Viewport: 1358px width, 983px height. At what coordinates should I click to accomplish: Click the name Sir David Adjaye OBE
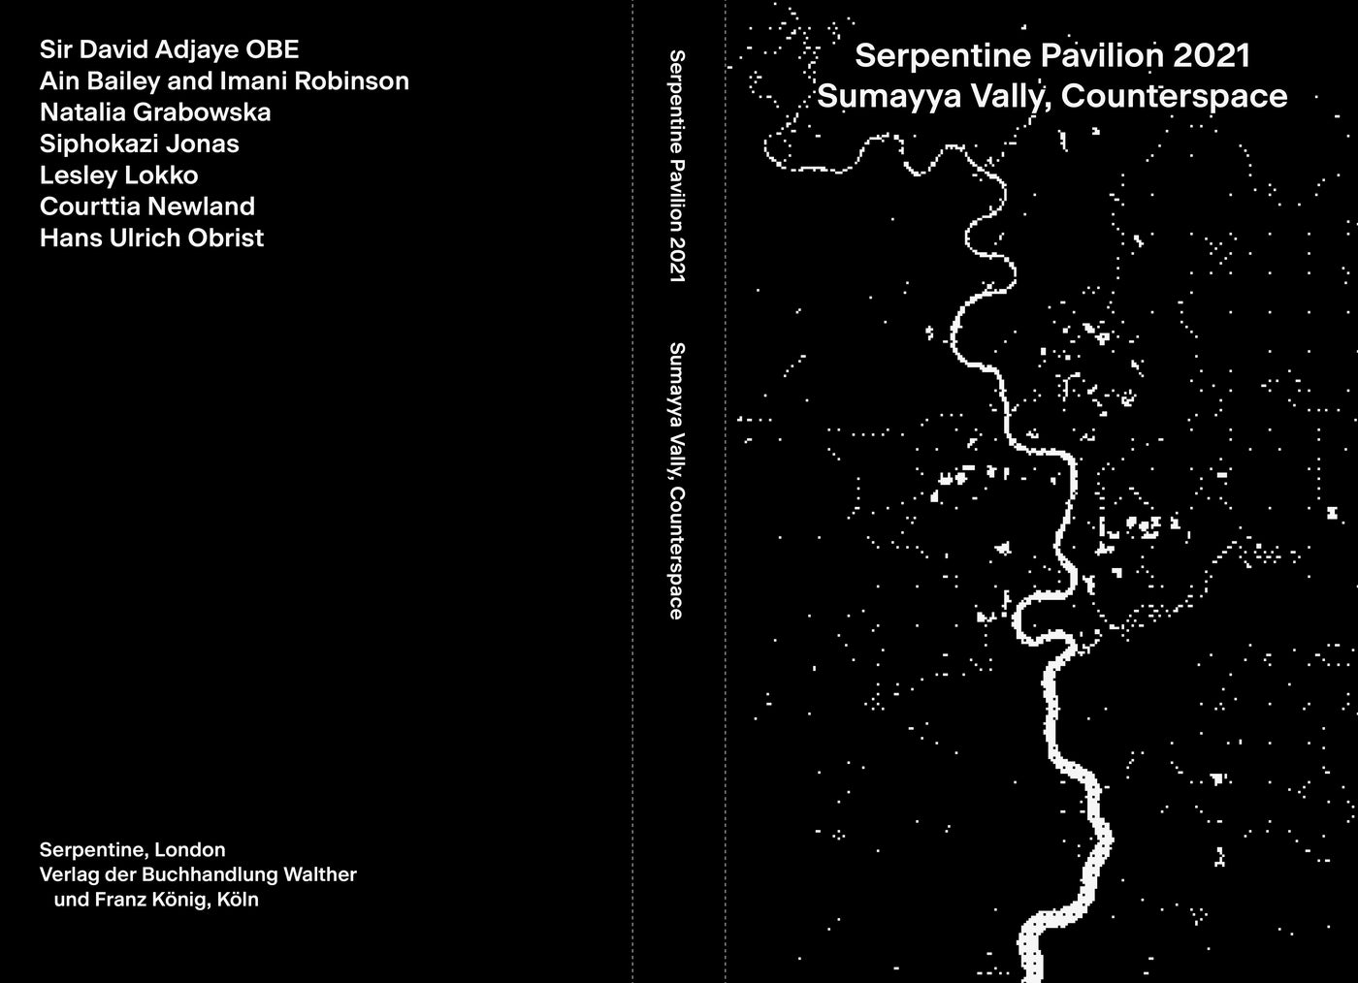(x=169, y=49)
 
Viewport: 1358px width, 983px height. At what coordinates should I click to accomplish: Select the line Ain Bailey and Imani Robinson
(x=224, y=80)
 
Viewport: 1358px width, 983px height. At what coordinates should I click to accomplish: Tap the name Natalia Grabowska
(x=155, y=112)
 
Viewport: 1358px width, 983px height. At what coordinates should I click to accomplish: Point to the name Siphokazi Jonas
(x=139, y=143)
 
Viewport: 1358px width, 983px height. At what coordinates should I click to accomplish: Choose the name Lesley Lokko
(x=118, y=175)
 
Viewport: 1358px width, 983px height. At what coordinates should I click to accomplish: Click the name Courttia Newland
(x=147, y=206)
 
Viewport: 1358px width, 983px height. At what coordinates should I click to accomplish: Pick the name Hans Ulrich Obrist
(x=151, y=238)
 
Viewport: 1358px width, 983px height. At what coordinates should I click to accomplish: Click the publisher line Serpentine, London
(x=132, y=850)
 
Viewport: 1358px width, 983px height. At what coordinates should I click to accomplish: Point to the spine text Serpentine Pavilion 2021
(x=677, y=166)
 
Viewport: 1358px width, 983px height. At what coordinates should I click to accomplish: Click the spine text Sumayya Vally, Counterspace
(x=677, y=480)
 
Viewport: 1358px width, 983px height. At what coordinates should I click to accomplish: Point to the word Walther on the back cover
(x=319, y=874)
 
